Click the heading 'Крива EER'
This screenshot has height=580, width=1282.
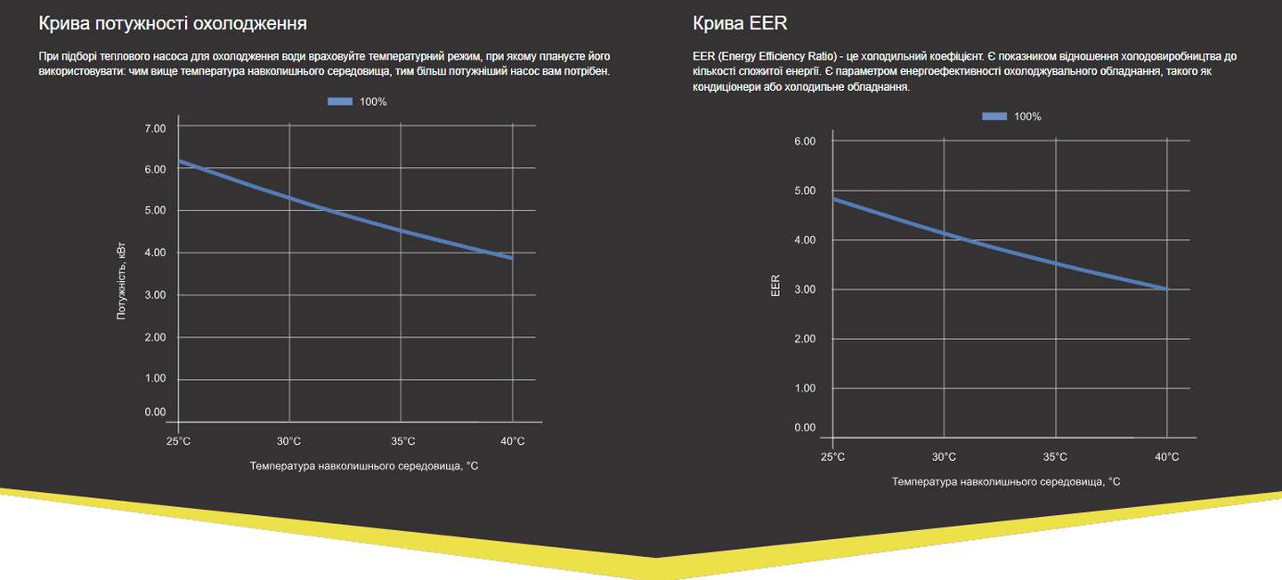point(740,23)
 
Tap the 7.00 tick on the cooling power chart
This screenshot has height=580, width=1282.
point(155,128)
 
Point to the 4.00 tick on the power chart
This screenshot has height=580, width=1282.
point(155,253)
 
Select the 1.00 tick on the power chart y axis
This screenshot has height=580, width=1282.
point(155,378)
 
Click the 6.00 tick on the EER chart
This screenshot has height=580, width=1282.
point(804,141)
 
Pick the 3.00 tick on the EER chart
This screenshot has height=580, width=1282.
point(804,289)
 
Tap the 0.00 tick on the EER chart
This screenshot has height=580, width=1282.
point(804,428)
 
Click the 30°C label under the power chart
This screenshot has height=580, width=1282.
point(288,441)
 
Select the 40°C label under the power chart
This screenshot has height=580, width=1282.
point(512,441)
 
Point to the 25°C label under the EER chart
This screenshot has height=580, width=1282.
point(832,456)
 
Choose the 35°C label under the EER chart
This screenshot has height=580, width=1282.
point(1055,456)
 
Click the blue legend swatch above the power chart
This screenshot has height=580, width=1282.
point(340,101)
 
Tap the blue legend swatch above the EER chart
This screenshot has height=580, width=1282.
point(994,117)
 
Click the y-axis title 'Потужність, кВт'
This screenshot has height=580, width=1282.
point(122,281)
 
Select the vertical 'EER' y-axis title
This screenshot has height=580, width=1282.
point(775,285)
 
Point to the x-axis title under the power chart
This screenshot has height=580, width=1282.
point(364,465)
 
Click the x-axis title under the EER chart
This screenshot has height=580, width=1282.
point(1006,481)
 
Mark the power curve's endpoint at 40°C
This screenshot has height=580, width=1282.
point(512,258)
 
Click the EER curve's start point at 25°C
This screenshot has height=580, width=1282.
point(833,198)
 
